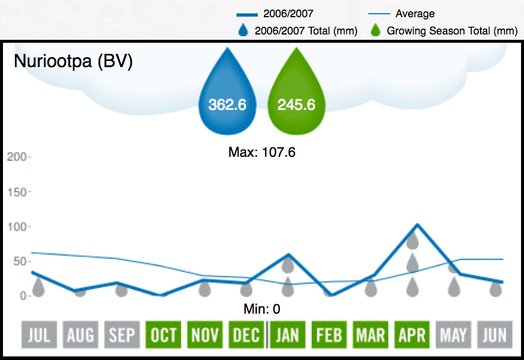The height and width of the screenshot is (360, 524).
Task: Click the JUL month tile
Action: coord(39,335)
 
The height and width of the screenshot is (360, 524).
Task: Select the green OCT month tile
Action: coord(163,335)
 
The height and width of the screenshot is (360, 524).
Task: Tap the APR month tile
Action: coord(412,335)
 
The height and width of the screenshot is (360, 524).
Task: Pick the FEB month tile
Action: coord(329,335)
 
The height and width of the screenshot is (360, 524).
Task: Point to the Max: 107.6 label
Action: coord(262,153)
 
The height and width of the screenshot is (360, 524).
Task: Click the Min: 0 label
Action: coord(262,309)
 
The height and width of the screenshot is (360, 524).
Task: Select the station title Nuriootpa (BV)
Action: coord(73,62)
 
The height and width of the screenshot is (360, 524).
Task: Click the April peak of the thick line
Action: coord(418,225)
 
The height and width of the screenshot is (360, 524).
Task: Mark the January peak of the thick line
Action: coord(288,255)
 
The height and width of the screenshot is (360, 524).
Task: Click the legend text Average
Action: coord(415,14)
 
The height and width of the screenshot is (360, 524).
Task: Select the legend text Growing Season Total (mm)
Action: coord(448,31)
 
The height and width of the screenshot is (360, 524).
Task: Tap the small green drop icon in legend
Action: coord(375,30)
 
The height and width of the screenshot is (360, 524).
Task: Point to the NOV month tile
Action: coord(205,335)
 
